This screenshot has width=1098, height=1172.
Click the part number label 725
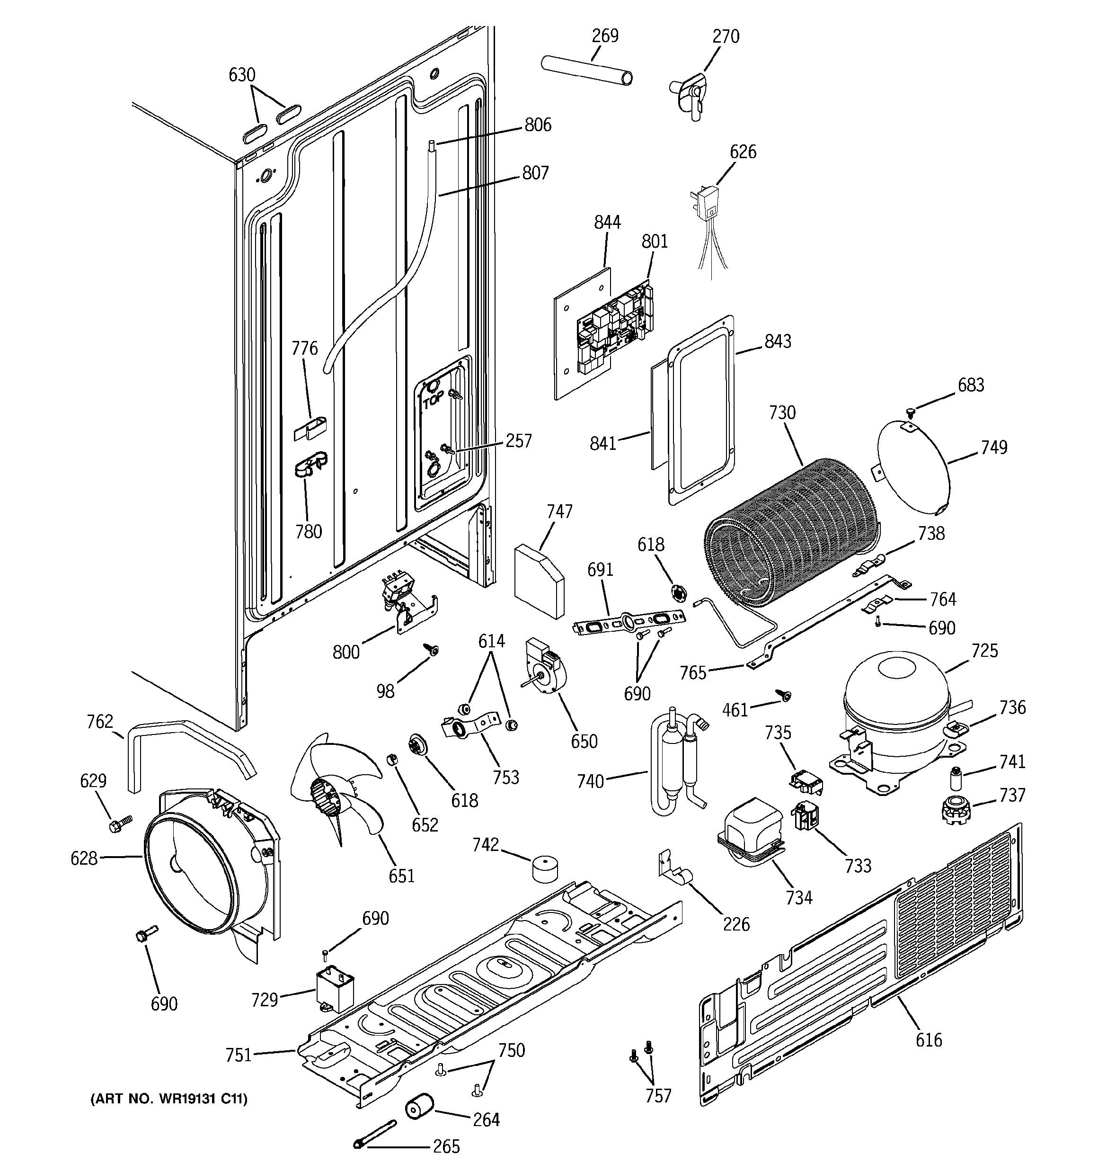pos(984,651)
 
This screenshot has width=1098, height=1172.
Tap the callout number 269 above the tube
pos(605,36)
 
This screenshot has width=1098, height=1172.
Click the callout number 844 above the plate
pos(607,222)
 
